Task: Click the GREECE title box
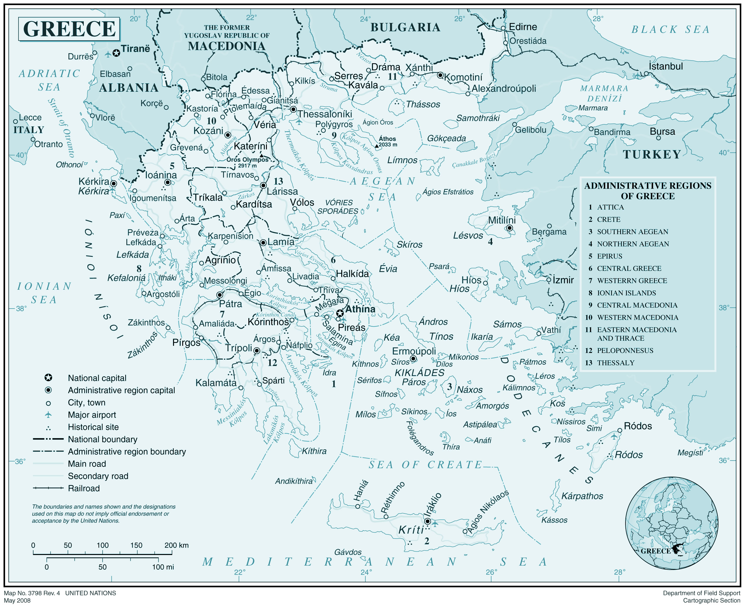click(x=69, y=29)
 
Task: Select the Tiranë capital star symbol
click(x=116, y=53)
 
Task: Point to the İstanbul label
click(x=665, y=66)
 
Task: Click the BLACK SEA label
click(x=671, y=30)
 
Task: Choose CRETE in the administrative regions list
click(x=608, y=219)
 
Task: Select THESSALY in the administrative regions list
click(x=615, y=363)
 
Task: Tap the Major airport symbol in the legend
click(x=48, y=415)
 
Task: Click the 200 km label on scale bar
click(x=176, y=545)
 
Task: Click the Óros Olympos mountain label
click(x=247, y=160)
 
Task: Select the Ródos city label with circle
click(x=638, y=426)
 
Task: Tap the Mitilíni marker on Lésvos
click(x=509, y=228)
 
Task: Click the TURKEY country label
click(x=652, y=154)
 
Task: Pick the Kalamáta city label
click(x=216, y=383)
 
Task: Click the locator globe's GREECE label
click(x=655, y=551)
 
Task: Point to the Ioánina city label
click(x=161, y=175)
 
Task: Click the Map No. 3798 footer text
click(x=32, y=593)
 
